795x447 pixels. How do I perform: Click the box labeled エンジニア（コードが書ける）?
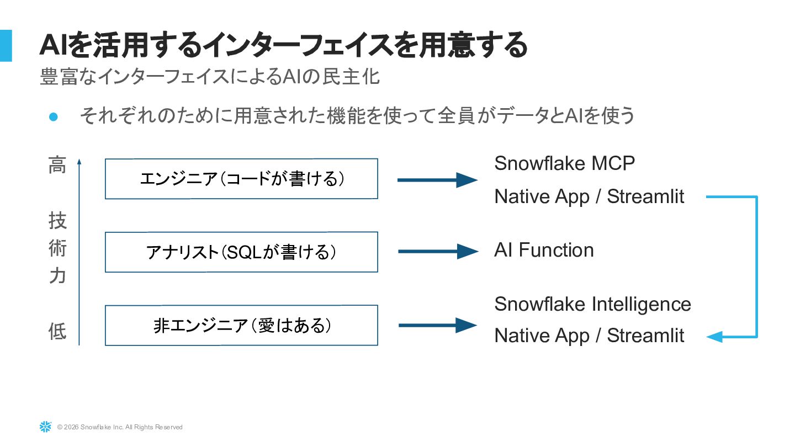241,179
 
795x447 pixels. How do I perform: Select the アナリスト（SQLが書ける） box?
241,252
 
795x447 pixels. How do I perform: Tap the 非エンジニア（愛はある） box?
241,326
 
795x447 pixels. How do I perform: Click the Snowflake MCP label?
564,163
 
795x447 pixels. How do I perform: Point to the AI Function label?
544,250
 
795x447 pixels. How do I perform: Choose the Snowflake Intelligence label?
592,304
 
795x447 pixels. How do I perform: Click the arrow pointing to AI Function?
438,252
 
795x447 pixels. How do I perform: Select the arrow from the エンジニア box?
437,180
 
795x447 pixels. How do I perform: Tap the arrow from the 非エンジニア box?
438,325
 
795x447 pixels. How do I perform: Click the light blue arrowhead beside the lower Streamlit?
714,337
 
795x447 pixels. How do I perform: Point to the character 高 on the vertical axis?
57,165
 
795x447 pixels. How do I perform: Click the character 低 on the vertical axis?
57,332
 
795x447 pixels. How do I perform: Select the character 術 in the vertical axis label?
57,248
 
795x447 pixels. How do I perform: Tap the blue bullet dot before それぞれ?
54,116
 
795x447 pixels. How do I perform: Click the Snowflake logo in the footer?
45,427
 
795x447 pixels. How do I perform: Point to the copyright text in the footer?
120,427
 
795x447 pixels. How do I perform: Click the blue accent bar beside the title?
6,45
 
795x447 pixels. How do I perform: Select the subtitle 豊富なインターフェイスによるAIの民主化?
210,77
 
